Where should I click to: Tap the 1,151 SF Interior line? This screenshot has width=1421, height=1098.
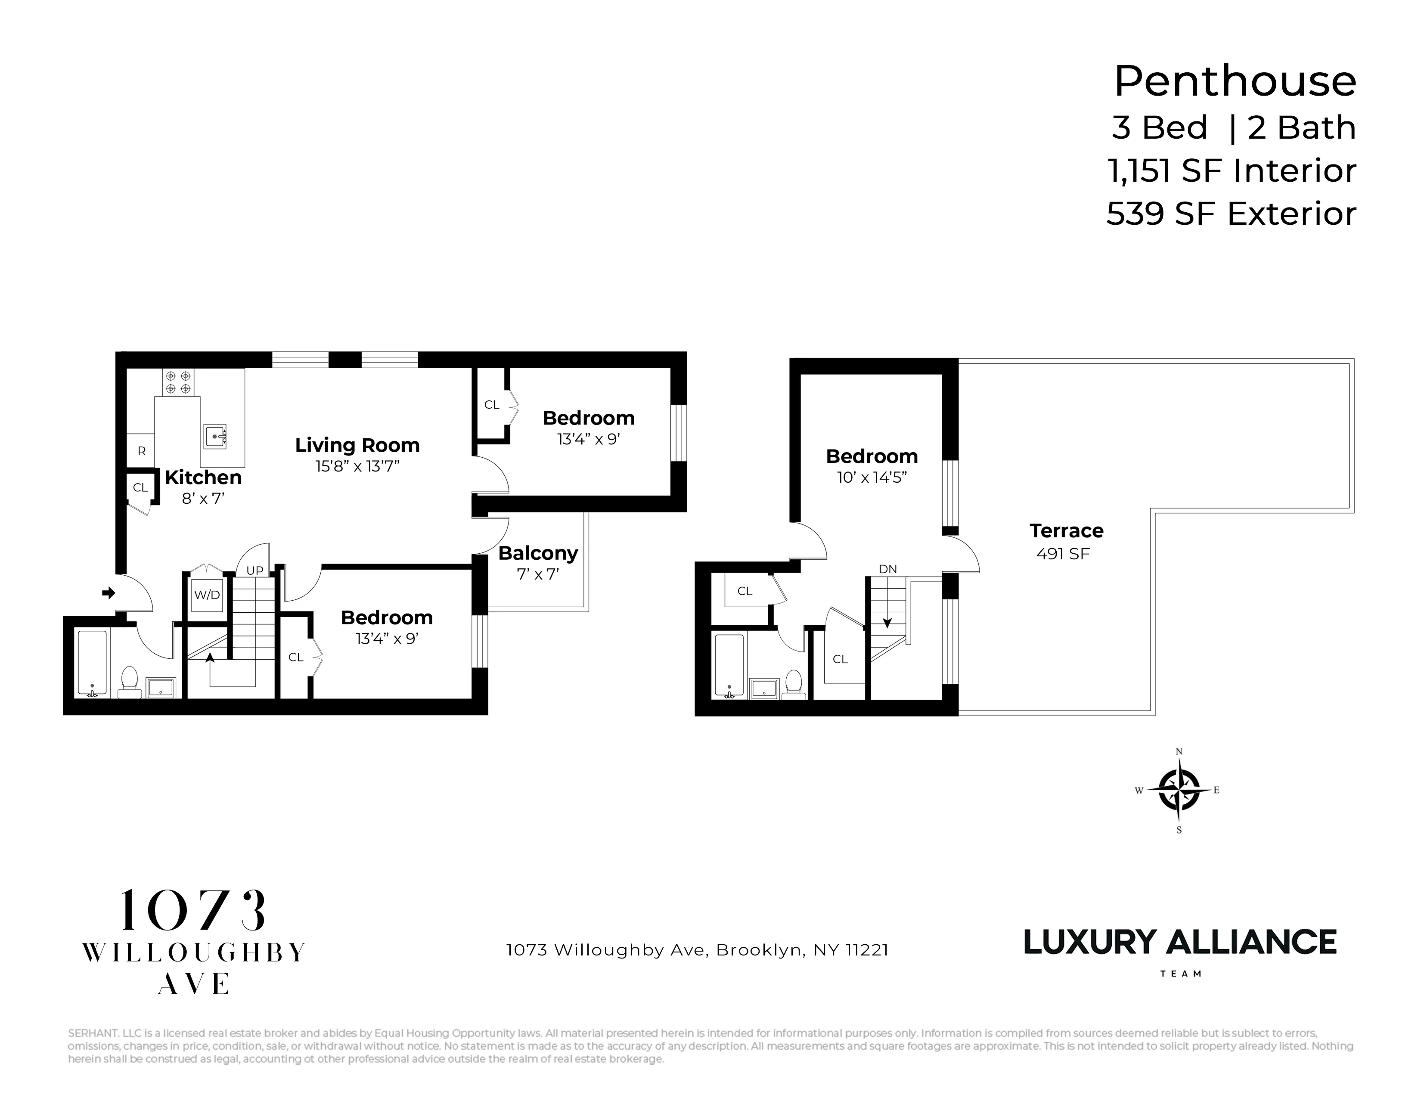pos(1231,171)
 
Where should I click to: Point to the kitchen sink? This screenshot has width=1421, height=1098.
pos(215,436)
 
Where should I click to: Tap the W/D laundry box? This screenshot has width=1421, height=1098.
pos(207,595)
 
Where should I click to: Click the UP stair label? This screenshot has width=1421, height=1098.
pos(254,571)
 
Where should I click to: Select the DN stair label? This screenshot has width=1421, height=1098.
pos(887,569)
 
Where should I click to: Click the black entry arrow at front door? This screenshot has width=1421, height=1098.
pos(109,592)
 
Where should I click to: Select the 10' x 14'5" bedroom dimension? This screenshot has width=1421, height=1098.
pos(871,478)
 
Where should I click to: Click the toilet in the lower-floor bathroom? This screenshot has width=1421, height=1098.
pos(130,680)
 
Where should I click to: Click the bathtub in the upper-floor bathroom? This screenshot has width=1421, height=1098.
pos(728,665)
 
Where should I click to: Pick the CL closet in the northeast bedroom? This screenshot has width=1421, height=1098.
pos(492,405)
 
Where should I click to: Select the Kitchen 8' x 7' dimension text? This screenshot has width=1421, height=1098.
pos(203,499)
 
